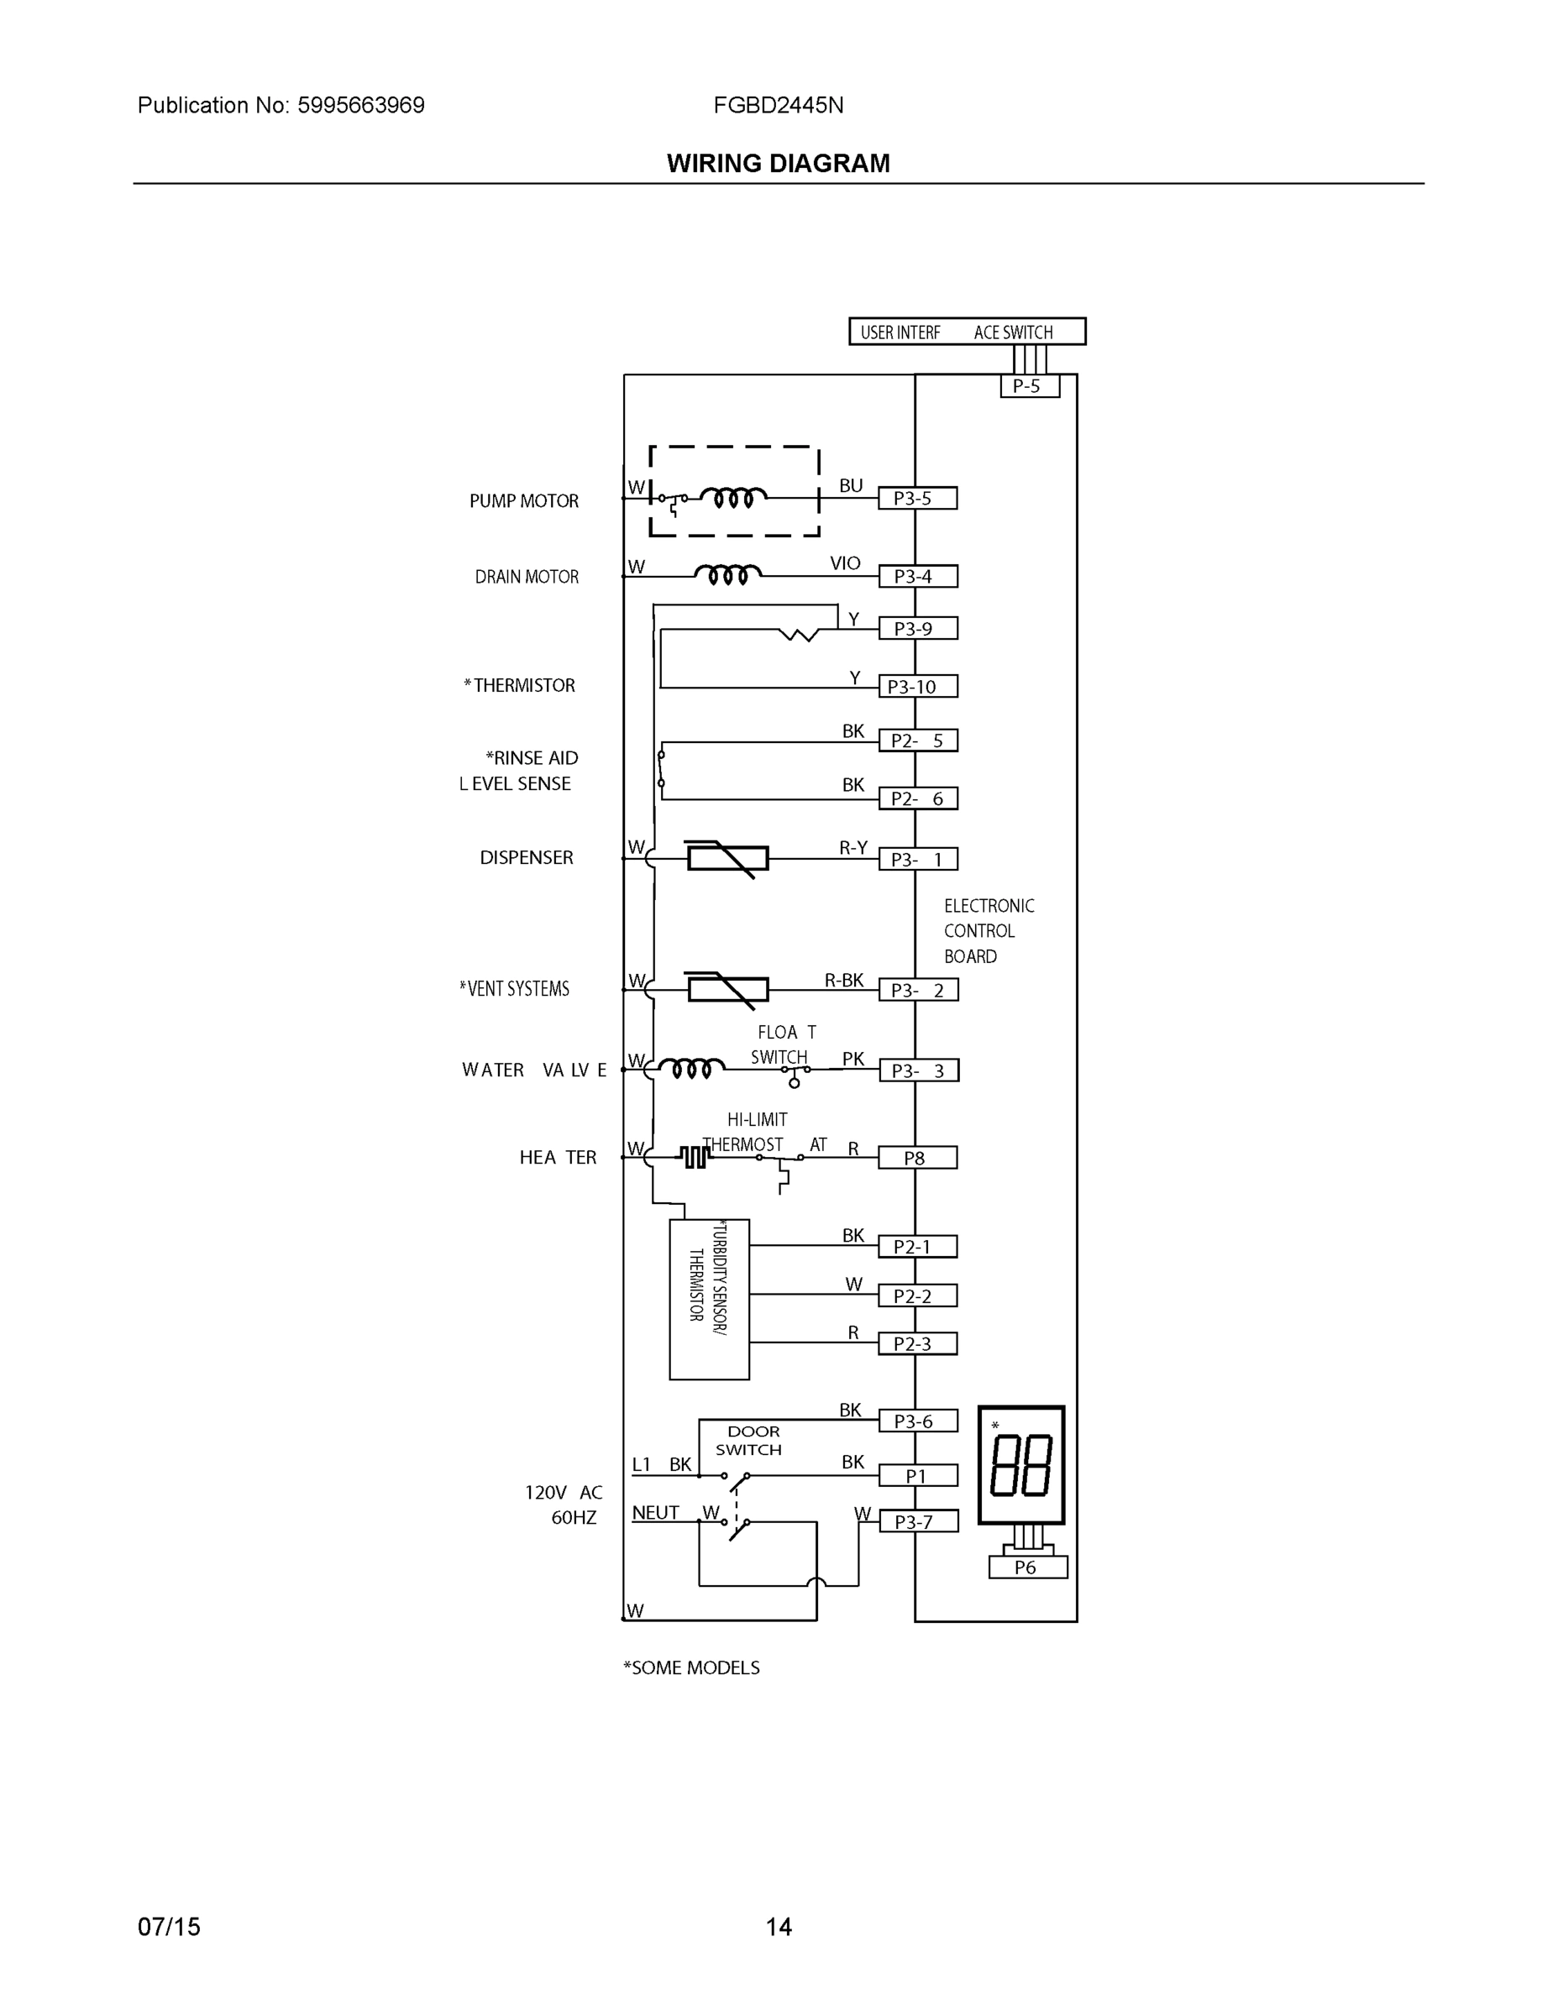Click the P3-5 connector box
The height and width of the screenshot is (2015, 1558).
pos(916,498)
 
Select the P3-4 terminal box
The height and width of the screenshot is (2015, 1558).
pos(916,577)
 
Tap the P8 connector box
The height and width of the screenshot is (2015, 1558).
pos(916,1158)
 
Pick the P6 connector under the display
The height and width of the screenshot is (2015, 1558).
pos(1027,1567)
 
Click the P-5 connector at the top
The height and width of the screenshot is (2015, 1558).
pos(1029,385)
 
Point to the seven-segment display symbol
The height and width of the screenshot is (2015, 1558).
pos(1020,1466)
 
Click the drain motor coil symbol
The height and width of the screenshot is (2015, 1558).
pos(728,575)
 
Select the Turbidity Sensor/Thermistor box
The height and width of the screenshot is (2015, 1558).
pos(709,1299)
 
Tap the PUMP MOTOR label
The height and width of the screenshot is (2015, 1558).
pos(523,501)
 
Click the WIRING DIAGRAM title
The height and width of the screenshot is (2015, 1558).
pos(778,164)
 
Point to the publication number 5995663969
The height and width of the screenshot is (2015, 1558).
pos(361,105)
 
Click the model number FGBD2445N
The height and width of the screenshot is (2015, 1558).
pos(778,105)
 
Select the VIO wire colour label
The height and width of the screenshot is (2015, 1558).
pos(845,563)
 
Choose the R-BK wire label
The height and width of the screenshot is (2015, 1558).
pos(843,981)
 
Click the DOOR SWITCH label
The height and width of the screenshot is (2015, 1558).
pos(750,1440)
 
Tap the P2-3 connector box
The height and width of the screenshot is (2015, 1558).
pos(916,1344)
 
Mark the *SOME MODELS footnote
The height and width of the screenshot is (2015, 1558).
pos(691,1667)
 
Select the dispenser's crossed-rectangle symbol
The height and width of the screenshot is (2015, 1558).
pos(728,859)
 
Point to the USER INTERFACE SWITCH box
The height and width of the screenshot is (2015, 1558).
pos(967,332)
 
